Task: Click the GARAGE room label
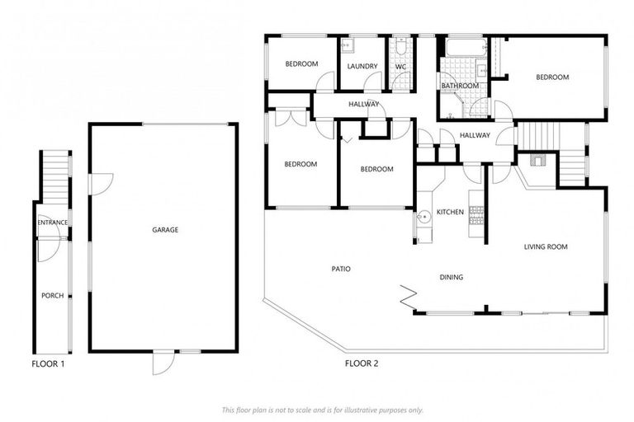tap(165, 230)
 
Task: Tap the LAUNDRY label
tap(362, 67)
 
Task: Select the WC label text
tap(400, 67)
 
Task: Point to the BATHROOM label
tap(459, 86)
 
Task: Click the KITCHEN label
tap(451, 213)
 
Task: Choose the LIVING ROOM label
tap(546, 246)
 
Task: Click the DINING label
tap(451, 278)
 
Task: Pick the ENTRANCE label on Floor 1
tap(52, 223)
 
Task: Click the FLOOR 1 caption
tap(48, 363)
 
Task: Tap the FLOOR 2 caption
tap(361, 363)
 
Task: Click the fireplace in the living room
tap(538, 161)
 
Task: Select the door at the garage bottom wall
tap(163, 362)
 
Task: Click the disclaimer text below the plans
tap(322, 410)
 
